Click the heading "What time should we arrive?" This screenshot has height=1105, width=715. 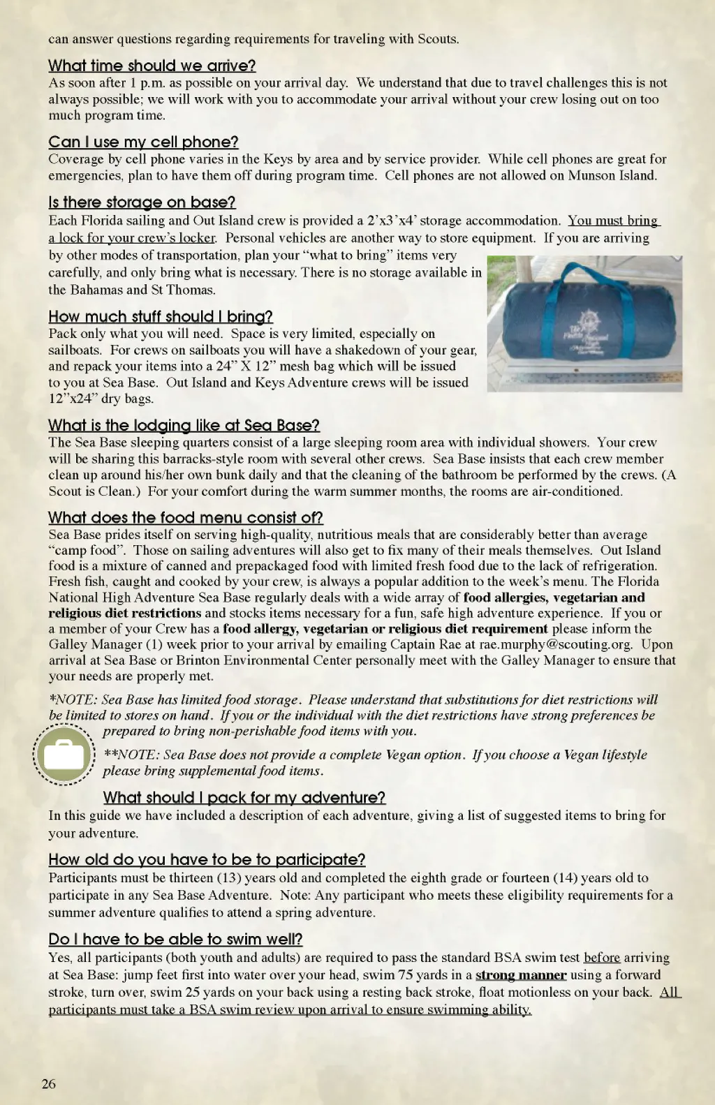(x=152, y=66)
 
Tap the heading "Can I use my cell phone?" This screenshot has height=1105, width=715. (x=143, y=142)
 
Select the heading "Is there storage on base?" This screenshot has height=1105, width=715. (x=142, y=202)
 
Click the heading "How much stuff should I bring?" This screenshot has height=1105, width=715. (x=160, y=317)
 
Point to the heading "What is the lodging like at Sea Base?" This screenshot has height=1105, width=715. (x=184, y=426)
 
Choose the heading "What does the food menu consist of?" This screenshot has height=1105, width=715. (x=185, y=518)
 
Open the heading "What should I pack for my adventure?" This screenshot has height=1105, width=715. (x=244, y=798)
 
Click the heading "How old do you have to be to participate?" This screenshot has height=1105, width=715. (x=207, y=860)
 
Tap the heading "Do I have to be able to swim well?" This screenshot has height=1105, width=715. (x=175, y=940)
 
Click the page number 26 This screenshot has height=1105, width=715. (x=49, y=1084)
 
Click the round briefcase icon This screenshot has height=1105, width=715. (x=64, y=755)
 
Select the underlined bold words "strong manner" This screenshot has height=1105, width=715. (x=520, y=975)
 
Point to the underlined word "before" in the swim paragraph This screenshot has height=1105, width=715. (x=602, y=958)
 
